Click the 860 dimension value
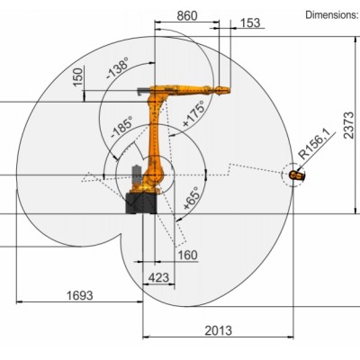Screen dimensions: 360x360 [187, 15]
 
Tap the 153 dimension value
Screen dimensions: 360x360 [250, 22]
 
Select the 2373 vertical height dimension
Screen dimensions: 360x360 [348, 125]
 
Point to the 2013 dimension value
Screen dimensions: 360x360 [219, 330]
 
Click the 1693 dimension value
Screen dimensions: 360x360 [80, 295]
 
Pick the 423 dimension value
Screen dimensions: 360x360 [158, 277]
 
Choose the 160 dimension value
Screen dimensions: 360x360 [188, 256]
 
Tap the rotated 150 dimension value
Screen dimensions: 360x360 [78, 77]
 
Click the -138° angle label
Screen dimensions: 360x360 [118, 68]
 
